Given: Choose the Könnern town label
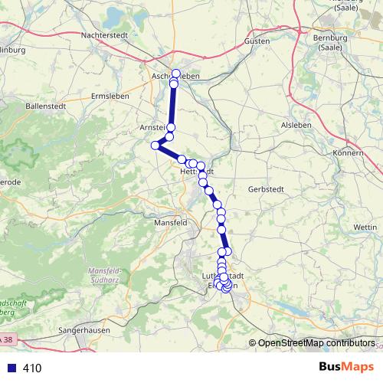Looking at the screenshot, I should point(349,153).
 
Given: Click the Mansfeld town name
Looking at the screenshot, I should point(171,222).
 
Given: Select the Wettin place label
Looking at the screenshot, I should point(365,228).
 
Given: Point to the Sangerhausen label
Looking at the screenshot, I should point(85,330).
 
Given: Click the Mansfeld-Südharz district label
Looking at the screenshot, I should point(113,275).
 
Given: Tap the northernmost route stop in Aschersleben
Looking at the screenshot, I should point(176,74).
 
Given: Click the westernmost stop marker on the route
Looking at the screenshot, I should point(155,145).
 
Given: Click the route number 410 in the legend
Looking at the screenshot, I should point(32,368).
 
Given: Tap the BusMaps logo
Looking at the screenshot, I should point(346,367).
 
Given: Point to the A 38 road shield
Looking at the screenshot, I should point(7,338).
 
